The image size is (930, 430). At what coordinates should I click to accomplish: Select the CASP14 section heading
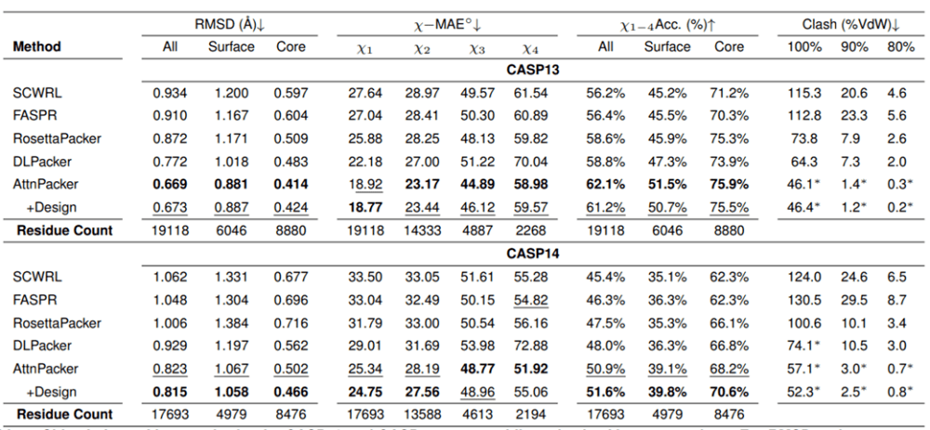coord(532,252)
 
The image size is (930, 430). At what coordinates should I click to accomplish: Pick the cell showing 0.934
coord(170,93)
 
